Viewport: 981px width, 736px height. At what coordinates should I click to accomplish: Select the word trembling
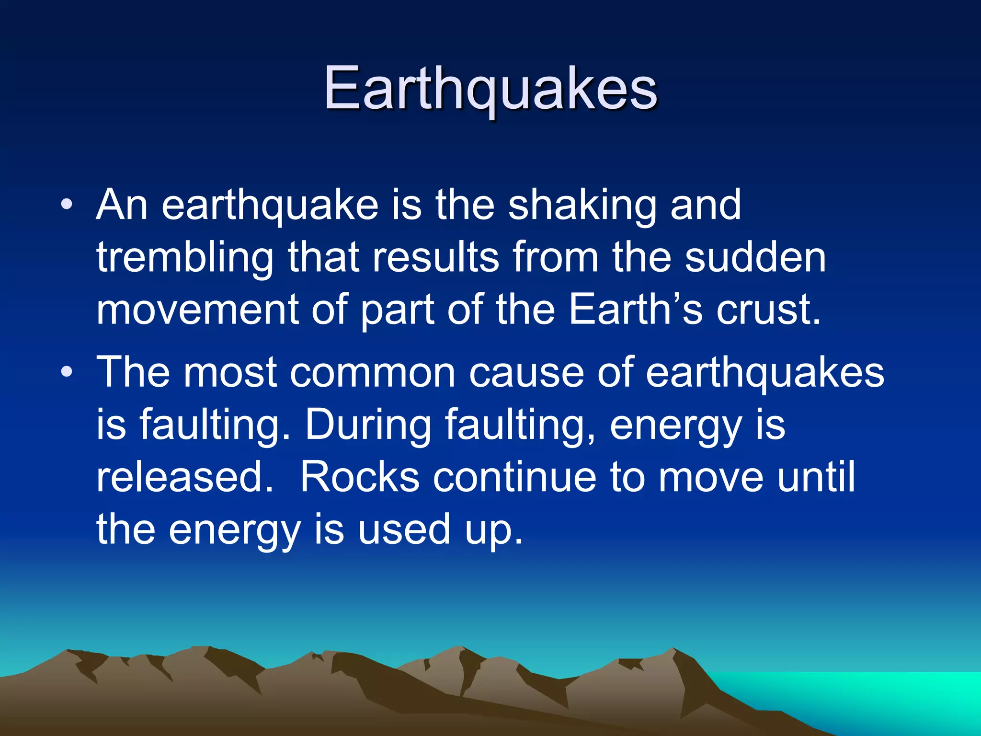(x=185, y=259)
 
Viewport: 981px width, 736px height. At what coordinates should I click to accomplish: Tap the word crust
(x=768, y=310)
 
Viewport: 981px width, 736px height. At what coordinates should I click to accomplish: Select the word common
(x=372, y=373)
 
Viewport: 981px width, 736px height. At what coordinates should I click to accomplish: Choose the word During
(x=368, y=425)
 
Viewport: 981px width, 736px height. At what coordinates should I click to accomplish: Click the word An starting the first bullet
(x=122, y=206)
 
